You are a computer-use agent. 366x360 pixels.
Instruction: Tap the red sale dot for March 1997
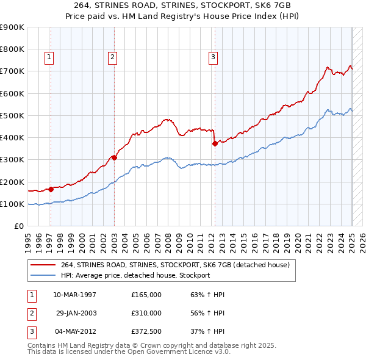pos(51,189)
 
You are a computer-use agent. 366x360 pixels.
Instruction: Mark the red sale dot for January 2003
pos(114,157)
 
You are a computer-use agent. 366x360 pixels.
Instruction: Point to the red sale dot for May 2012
pos(215,144)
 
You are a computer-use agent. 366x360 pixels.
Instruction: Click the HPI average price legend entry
pos(135,275)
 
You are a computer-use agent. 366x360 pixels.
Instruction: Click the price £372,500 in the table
pos(146,331)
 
